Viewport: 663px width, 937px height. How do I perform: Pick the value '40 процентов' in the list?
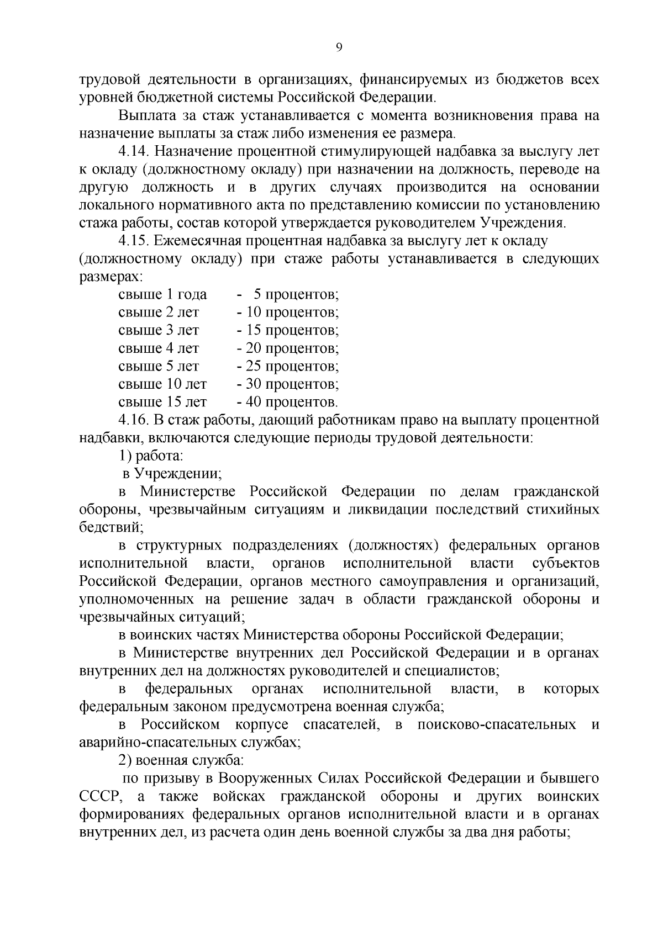[x=287, y=403]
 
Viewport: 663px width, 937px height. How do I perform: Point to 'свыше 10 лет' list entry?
[x=162, y=384]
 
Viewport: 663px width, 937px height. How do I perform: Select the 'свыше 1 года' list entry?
[x=162, y=295]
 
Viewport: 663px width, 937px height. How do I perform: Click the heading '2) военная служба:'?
[x=180, y=761]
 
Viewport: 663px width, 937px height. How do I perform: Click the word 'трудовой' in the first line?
[x=108, y=80]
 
